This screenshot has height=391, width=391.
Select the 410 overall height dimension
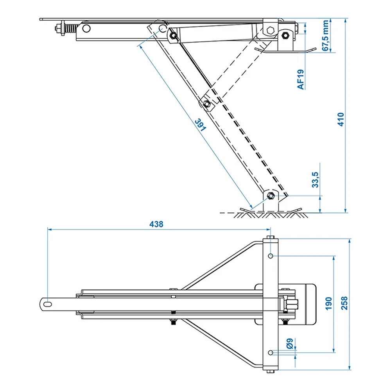341,119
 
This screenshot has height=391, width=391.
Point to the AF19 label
300,79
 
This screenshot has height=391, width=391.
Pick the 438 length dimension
156,224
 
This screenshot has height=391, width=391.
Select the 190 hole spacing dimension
328,303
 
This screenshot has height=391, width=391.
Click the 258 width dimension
344,303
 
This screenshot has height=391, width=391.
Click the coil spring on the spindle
70,29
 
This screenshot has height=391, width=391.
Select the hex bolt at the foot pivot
270,195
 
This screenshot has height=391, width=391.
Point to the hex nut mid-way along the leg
206,104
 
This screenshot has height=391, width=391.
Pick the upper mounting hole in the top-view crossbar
271,256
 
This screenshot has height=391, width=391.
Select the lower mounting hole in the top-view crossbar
271,352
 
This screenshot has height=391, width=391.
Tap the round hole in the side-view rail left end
86,28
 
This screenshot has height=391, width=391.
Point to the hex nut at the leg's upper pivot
173,36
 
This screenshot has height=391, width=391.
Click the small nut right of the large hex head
285,36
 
